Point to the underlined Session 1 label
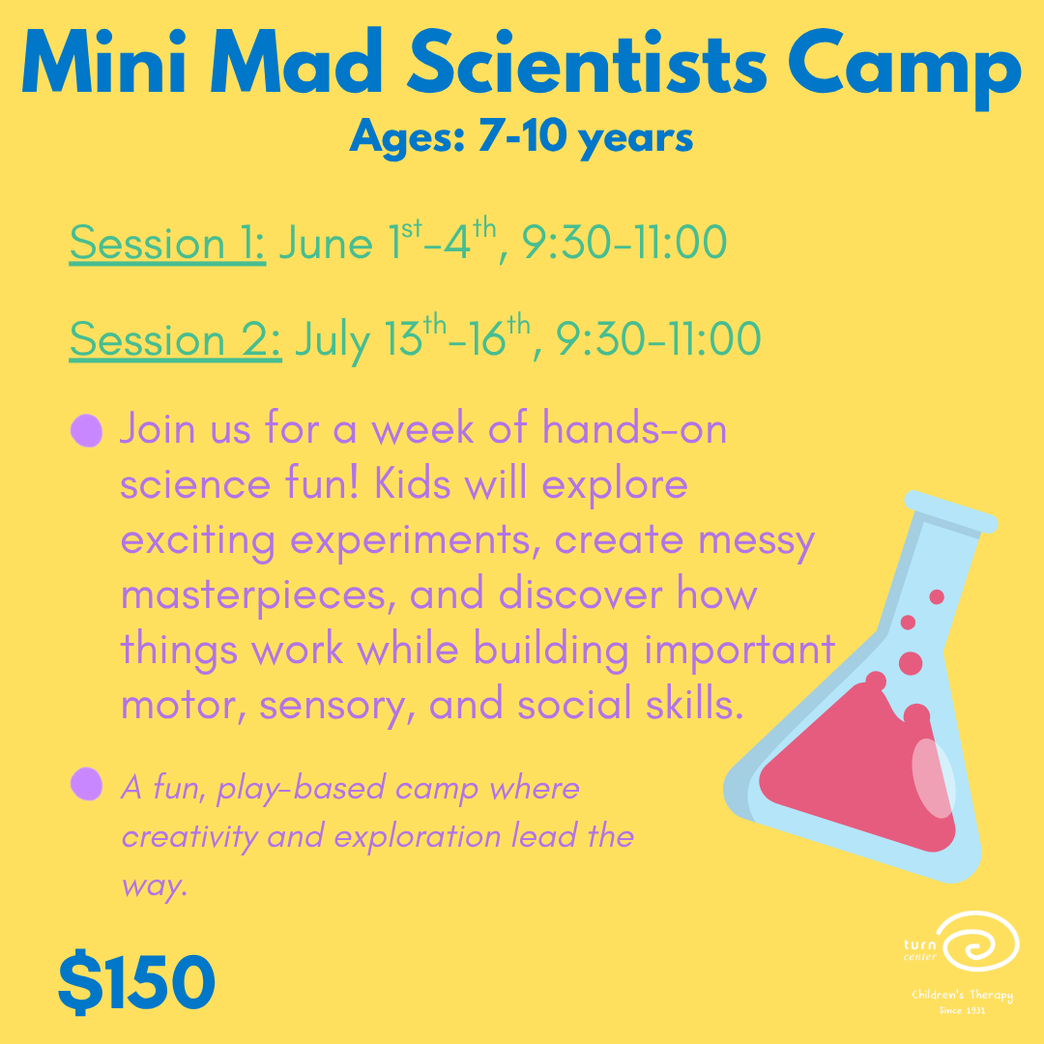167,244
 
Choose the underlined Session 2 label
175,339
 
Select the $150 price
136,981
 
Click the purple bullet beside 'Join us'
87,430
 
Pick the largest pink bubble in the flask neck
911,663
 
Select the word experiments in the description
416,539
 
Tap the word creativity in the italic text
189,835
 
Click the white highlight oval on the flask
933,777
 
